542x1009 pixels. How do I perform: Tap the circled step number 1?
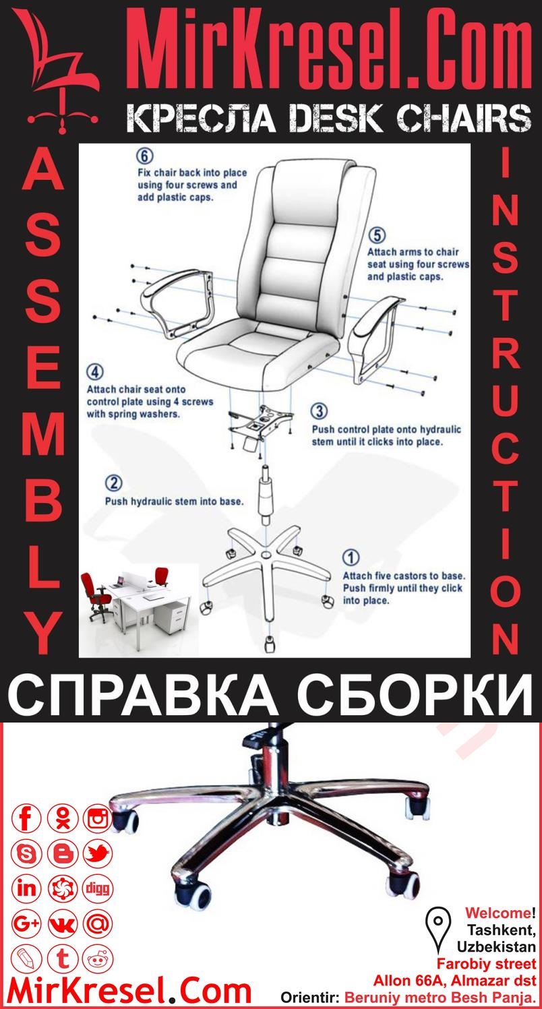tap(351, 557)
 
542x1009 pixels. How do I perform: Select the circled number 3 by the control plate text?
tap(320, 411)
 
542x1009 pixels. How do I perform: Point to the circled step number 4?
tap(95, 372)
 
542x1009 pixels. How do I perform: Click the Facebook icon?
tap(27, 819)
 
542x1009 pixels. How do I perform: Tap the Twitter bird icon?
tap(98, 854)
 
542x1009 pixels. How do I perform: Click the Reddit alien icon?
tap(98, 958)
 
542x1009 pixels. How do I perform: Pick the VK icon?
tap(63, 923)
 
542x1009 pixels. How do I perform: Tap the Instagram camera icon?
tap(98, 819)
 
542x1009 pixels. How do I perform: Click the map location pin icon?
tap(439, 922)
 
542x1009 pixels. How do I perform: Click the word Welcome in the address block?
tap(498, 914)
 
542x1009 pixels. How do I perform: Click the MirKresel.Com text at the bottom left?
tap(128, 991)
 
